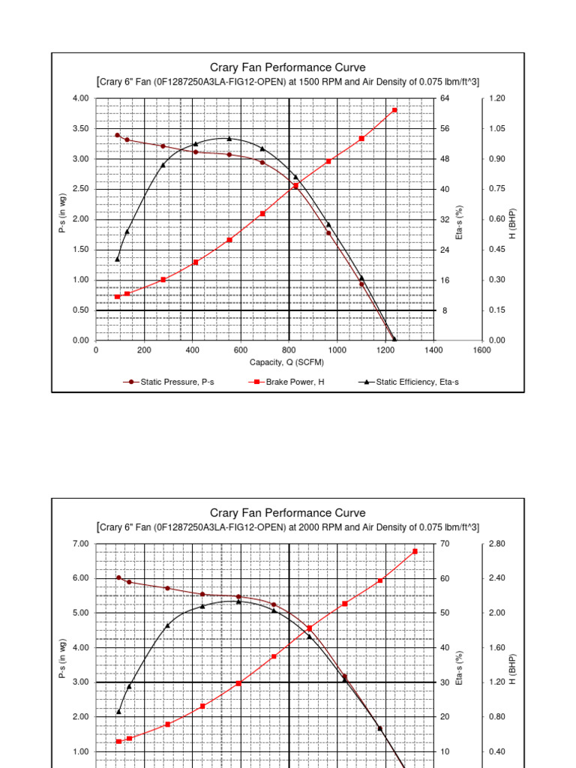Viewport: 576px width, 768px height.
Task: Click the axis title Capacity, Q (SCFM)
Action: point(287,362)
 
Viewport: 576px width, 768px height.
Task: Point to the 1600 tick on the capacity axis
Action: point(481,350)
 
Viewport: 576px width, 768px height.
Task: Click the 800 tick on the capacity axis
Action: point(289,350)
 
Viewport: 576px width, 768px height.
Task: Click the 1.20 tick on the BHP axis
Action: point(496,98)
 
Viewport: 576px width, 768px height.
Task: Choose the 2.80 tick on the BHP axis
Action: point(496,544)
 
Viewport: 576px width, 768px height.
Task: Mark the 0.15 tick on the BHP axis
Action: point(496,310)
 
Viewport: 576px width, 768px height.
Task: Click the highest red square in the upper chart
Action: point(394,110)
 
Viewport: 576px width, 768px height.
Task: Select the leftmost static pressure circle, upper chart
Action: point(117,135)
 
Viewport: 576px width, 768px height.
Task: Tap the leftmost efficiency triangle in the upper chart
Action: point(117,259)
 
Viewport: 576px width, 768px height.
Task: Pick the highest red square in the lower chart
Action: point(415,551)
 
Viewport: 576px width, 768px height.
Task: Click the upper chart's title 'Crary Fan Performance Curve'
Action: point(288,67)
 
